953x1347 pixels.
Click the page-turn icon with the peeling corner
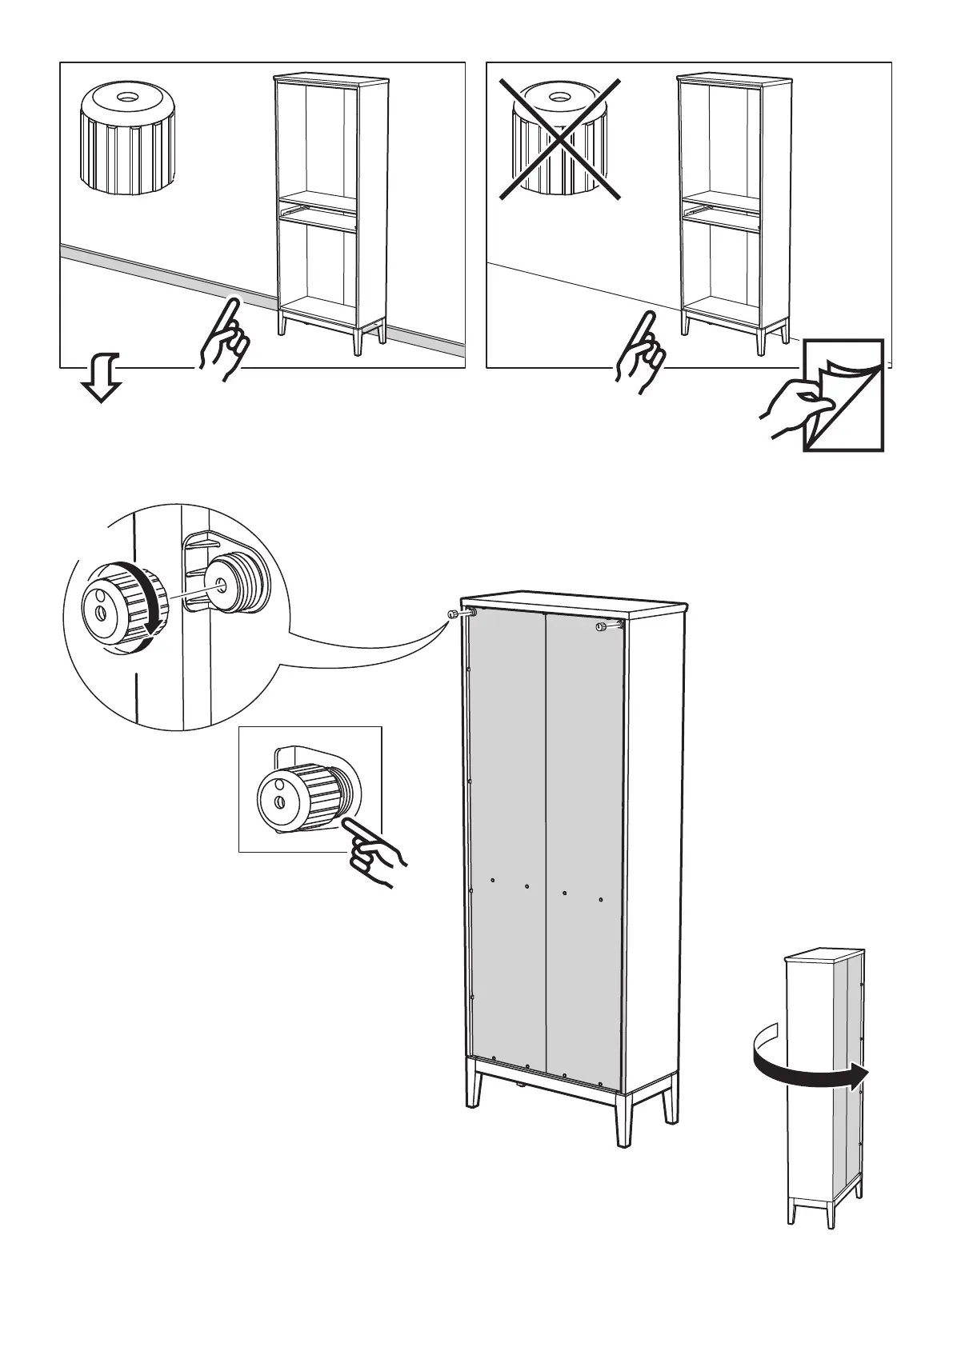(x=843, y=394)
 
